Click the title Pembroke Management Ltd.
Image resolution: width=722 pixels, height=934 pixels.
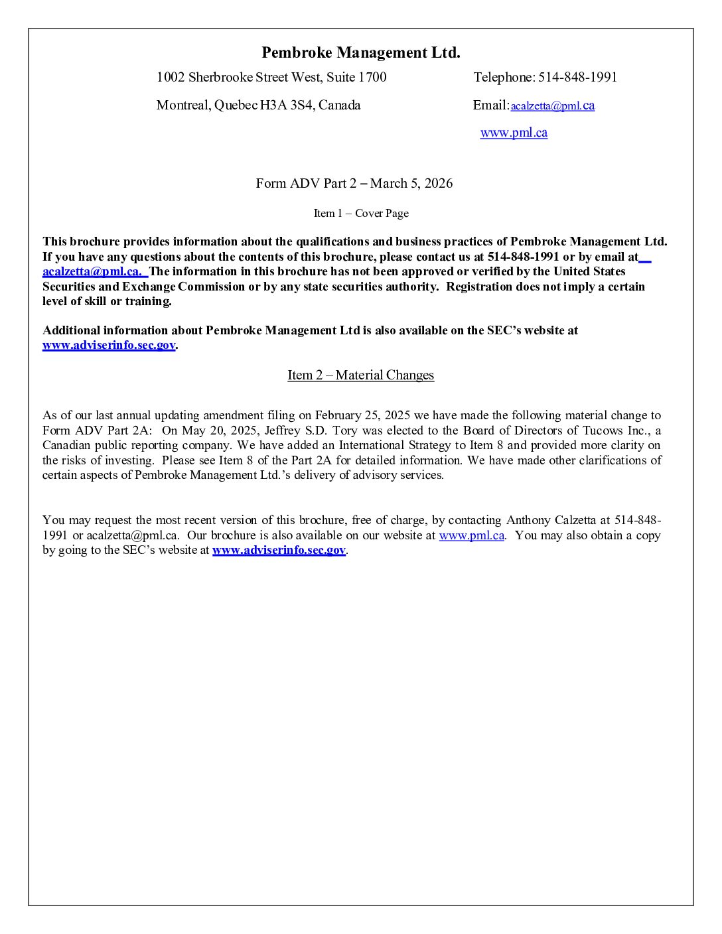[360, 53]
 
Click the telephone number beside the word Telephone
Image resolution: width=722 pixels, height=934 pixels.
[577, 78]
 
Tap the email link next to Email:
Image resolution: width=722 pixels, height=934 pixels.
[552, 106]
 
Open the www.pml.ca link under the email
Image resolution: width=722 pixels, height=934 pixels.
[514, 133]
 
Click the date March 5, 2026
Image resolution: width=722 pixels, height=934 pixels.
[411, 184]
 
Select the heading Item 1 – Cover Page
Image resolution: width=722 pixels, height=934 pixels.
[361, 214]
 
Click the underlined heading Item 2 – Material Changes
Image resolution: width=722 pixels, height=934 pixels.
[360, 375]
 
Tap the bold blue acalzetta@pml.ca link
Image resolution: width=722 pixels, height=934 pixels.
[92, 272]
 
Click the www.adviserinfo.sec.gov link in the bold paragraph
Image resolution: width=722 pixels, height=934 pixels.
[109, 346]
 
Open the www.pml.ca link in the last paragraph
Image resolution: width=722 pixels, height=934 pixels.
[471, 536]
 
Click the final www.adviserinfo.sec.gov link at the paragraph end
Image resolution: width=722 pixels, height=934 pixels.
[279, 551]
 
